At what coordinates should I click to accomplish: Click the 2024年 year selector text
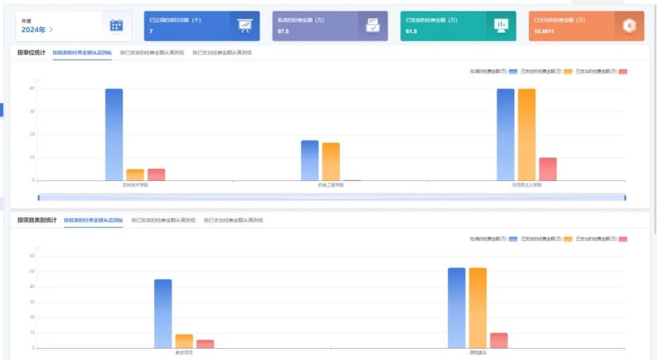(34, 29)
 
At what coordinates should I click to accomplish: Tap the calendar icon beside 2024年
(116, 25)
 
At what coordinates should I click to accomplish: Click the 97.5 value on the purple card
(284, 32)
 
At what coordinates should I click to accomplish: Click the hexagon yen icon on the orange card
(628, 25)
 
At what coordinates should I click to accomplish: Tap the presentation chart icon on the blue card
(244, 25)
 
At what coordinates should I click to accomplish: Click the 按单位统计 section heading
(32, 52)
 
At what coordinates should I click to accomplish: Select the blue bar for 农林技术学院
(114, 134)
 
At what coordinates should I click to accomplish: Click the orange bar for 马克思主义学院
(527, 134)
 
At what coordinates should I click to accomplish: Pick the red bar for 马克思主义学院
(548, 169)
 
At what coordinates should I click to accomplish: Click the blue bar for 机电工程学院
(310, 160)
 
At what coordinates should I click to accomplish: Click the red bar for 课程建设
(499, 341)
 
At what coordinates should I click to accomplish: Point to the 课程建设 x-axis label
(478, 353)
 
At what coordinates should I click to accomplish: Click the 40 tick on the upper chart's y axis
(32, 88)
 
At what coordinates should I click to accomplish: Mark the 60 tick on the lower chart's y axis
(32, 255)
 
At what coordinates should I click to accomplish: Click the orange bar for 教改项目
(184, 341)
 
